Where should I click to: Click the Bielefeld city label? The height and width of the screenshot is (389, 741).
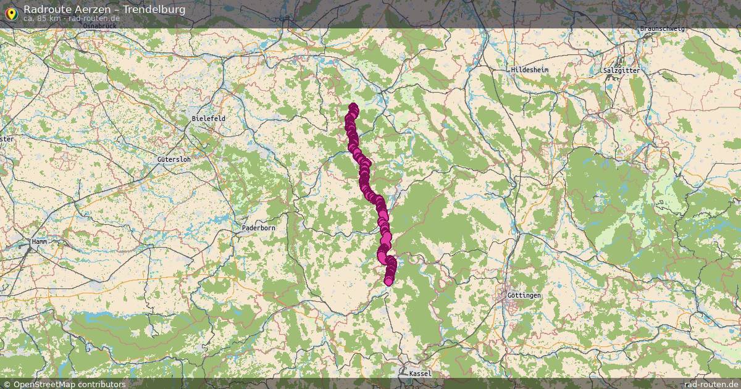[209, 118]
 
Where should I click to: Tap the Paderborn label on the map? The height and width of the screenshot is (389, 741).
[258, 228]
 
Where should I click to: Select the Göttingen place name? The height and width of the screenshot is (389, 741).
[524, 296]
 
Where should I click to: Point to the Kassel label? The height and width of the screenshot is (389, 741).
[420, 374]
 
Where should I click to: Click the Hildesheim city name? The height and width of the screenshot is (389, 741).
[529, 70]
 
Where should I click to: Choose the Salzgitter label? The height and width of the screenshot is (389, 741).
[622, 70]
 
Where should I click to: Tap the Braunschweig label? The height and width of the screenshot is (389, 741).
[663, 29]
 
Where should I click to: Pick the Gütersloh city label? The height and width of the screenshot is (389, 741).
[174, 159]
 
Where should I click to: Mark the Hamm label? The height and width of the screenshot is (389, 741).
[39, 243]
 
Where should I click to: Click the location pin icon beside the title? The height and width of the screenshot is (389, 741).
[11, 12]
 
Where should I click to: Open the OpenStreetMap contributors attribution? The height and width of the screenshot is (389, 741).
[64, 384]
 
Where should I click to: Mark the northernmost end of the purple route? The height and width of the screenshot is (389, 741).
[353, 107]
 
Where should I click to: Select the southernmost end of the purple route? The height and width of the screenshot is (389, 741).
[388, 282]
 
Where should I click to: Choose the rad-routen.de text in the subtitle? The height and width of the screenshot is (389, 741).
[93, 19]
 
